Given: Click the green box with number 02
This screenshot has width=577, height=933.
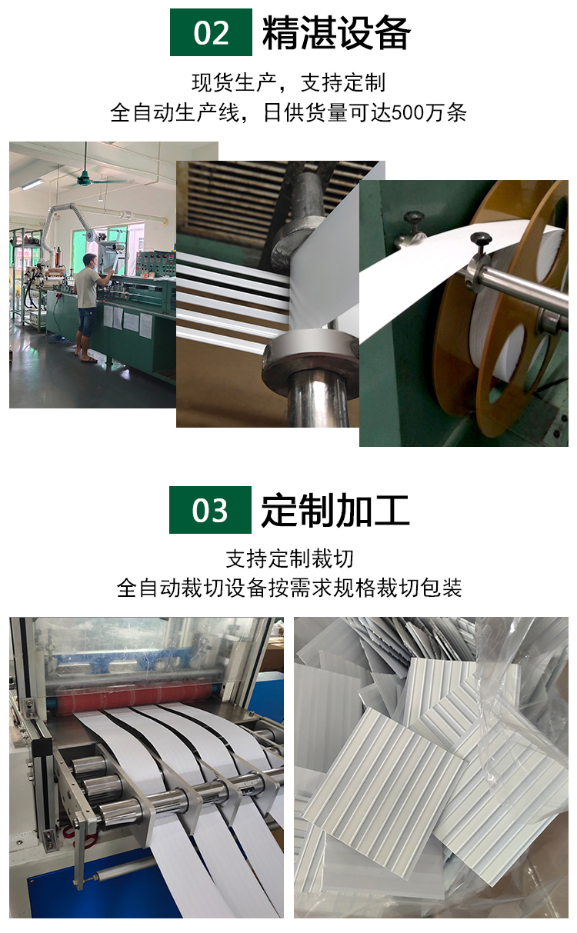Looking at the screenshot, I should pos(211,32).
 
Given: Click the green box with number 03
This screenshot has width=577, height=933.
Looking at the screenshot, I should pos(210,510).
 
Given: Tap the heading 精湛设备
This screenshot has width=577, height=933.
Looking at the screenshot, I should pos(336,33).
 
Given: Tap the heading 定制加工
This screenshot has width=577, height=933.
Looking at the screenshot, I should pos(335,510).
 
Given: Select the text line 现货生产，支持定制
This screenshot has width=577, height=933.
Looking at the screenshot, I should pos(288,82).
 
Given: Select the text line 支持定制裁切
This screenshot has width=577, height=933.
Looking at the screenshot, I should pos(289,558).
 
